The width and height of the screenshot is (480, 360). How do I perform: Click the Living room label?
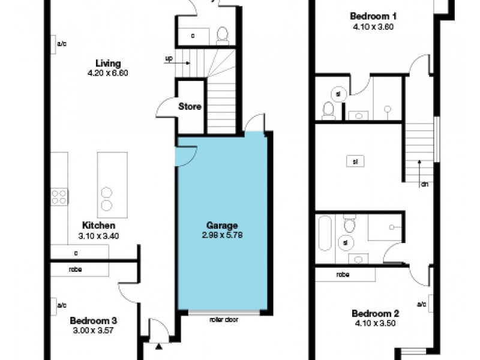[x=108, y=64]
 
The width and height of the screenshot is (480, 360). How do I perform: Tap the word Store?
[x=189, y=107]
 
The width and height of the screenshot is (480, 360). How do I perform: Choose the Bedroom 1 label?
[x=373, y=16]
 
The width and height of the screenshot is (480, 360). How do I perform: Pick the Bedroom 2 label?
[x=375, y=313]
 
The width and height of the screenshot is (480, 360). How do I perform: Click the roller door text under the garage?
[x=224, y=320]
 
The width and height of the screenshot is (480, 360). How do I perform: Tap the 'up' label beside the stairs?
[x=169, y=59]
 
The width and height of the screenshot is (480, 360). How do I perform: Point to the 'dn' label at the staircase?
[x=424, y=184]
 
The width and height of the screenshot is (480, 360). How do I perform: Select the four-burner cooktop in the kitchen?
[x=59, y=197]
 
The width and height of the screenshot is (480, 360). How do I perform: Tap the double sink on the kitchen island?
[x=106, y=199]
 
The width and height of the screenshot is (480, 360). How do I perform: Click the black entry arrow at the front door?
[x=158, y=346]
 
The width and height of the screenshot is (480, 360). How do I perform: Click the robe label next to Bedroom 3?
[x=75, y=269]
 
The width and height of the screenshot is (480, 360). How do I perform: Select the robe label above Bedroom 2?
[x=343, y=274]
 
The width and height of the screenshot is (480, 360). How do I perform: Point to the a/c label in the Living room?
[x=61, y=44]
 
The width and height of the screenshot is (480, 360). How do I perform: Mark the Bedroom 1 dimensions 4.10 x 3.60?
[x=373, y=26]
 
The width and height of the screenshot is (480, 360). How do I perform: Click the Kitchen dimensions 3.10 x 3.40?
[x=98, y=236]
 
